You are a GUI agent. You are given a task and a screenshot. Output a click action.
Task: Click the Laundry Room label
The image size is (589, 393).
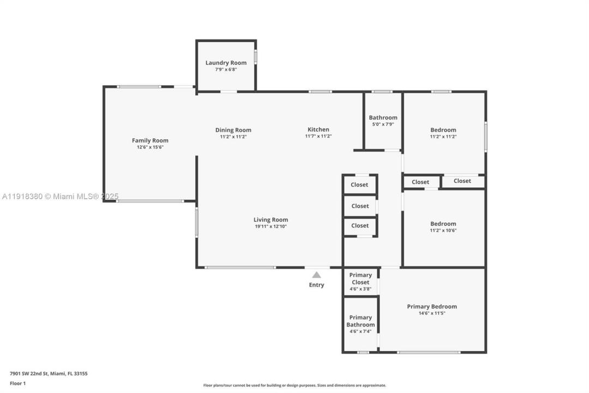point(226,63)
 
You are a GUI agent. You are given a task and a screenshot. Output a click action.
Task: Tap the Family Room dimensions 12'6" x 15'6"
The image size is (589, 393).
point(150,147)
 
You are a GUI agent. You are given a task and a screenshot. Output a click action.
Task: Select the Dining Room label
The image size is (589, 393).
point(233,130)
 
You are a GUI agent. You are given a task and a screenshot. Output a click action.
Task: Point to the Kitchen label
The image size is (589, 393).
point(318,129)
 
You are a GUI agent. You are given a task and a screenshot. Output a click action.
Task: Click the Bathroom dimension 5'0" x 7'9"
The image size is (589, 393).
point(383,124)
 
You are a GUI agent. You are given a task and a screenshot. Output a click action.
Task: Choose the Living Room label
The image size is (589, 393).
point(271,220)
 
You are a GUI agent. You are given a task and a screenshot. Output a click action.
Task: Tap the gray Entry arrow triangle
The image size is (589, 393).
point(316,275)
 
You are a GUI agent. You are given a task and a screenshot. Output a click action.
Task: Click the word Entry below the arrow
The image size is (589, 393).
point(316,285)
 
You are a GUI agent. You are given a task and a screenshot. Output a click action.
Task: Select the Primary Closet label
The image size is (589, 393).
point(360,278)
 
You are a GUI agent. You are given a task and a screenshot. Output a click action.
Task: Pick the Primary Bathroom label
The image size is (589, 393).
point(360,321)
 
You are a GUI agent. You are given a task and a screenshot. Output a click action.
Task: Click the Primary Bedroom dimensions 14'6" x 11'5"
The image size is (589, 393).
point(432,313)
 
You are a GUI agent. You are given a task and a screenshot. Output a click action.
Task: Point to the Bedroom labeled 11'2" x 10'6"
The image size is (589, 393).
point(443,224)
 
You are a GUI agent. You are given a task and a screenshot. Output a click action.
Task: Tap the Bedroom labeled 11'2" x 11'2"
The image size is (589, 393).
point(443,130)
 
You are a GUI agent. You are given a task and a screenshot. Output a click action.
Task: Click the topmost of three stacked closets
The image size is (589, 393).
point(359,184)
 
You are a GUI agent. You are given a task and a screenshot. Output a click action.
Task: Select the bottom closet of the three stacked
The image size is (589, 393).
point(359,225)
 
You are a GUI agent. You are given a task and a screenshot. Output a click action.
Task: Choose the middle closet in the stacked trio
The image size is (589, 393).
point(359,206)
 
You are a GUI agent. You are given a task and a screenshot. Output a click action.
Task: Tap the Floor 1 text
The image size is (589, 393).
point(17,383)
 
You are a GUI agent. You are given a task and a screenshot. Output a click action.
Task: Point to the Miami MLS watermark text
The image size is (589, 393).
point(60,196)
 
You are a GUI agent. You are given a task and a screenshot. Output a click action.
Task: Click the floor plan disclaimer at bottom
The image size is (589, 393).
point(294,385)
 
